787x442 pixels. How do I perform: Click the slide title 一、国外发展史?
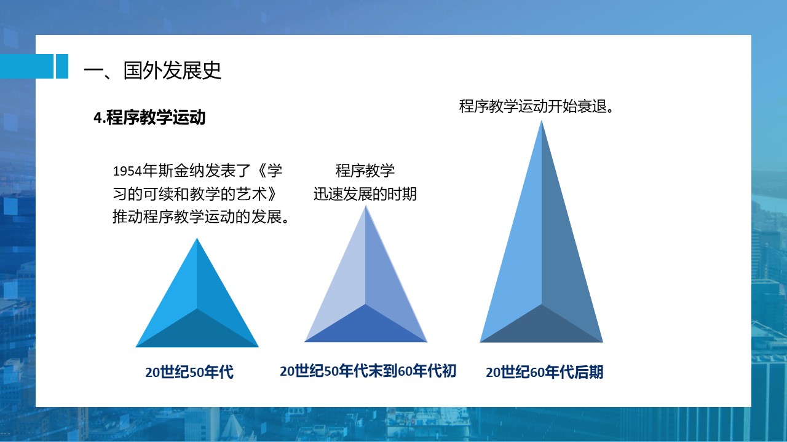pyautogui.click(x=152, y=70)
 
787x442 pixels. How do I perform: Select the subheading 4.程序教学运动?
pyautogui.click(x=149, y=117)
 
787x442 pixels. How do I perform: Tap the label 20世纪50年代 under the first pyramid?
pyautogui.click(x=189, y=372)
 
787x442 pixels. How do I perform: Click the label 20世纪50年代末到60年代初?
pyautogui.click(x=368, y=371)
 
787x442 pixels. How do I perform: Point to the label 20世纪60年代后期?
pyautogui.click(x=544, y=372)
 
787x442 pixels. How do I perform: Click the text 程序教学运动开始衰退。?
pyautogui.click(x=536, y=106)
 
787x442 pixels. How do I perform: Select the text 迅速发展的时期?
pyautogui.click(x=365, y=194)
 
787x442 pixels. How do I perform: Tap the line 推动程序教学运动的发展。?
pyautogui.click(x=201, y=217)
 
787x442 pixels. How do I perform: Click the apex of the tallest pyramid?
pyautogui.click(x=542, y=121)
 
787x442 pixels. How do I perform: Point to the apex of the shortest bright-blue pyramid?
pyautogui.click(x=197, y=238)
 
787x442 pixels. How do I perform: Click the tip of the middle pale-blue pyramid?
pyautogui.click(x=365, y=206)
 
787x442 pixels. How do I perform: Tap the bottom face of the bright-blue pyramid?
pyautogui.click(x=197, y=331)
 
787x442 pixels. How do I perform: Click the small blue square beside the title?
pyautogui.click(x=62, y=66)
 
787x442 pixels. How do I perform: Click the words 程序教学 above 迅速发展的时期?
pyautogui.click(x=365, y=171)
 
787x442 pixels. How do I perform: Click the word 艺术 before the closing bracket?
pyautogui.click(x=251, y=194)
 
